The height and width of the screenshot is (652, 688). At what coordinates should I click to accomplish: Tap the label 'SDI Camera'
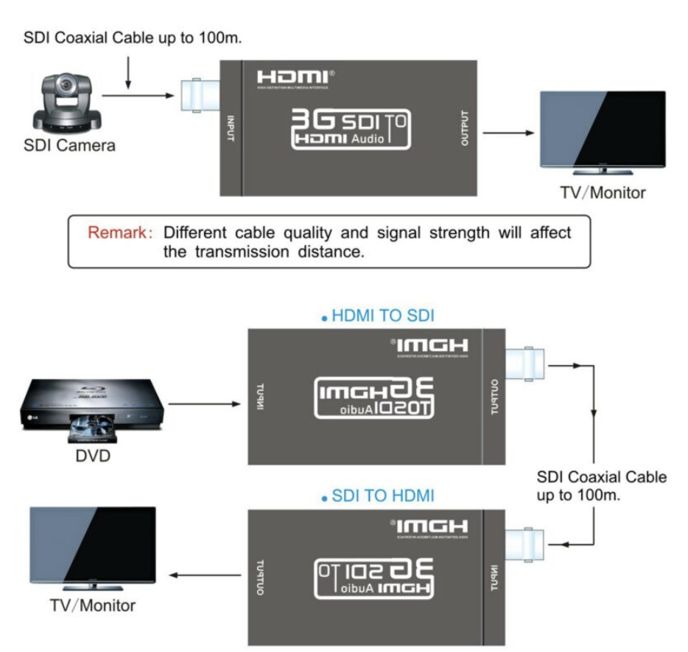69,145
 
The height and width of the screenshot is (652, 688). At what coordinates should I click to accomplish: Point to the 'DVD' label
93,456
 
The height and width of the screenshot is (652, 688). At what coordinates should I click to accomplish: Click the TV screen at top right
603,130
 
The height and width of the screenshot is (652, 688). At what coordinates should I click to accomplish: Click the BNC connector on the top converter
200,95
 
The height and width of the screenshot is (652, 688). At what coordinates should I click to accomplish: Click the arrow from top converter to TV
508,133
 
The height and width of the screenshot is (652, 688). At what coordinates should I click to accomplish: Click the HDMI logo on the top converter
294,77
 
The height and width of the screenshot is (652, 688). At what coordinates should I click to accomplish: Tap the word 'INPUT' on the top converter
231,130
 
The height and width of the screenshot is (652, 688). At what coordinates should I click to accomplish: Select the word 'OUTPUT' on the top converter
464,130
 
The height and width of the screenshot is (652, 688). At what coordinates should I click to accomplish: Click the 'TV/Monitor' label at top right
603,193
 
